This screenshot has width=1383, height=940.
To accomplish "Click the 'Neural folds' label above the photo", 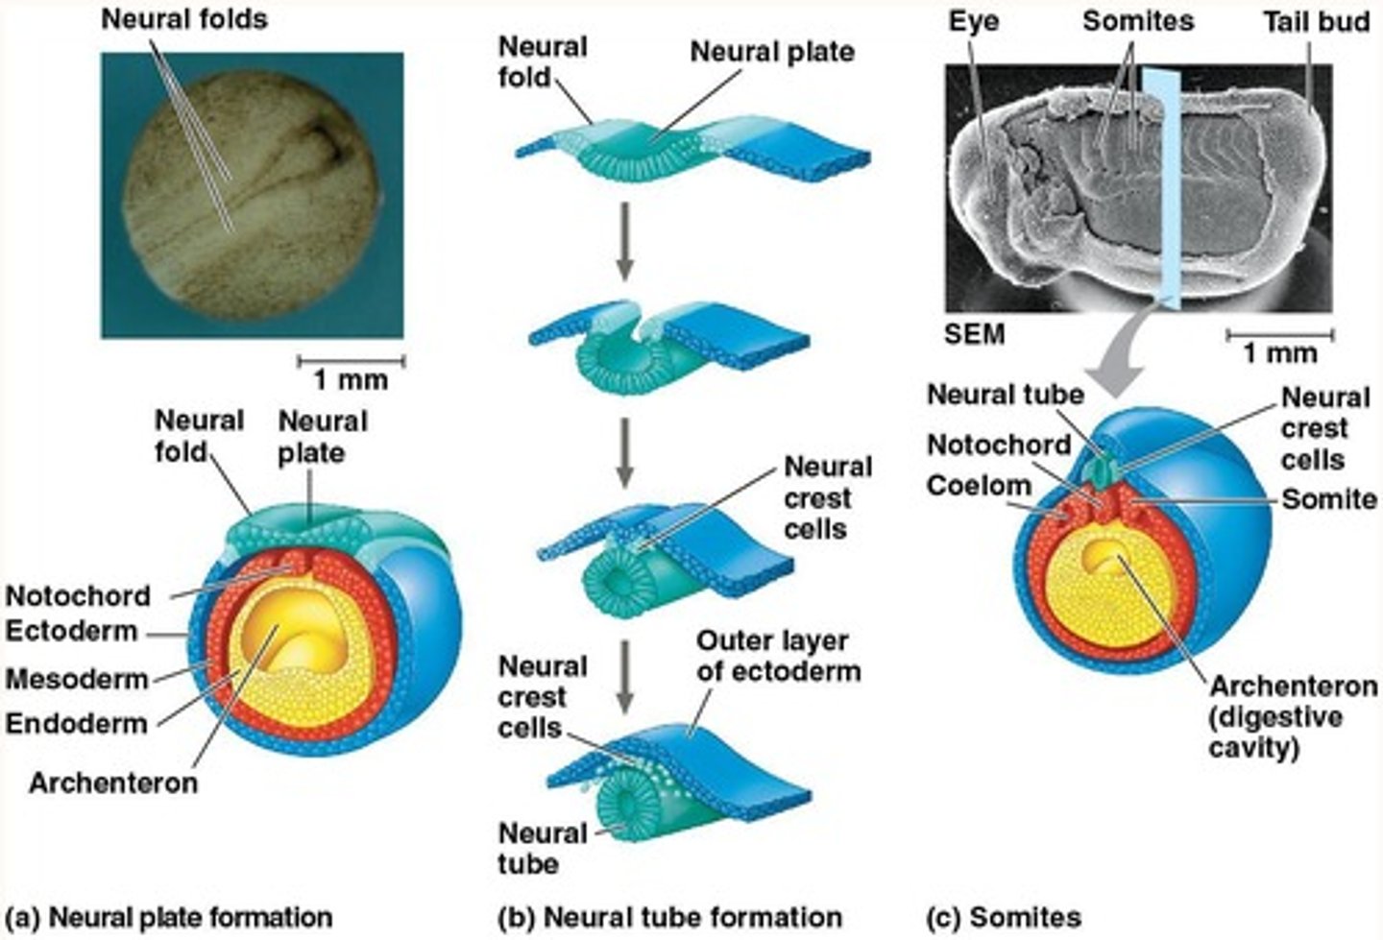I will click(184, 19).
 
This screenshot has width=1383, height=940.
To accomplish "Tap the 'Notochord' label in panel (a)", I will click(78, 596).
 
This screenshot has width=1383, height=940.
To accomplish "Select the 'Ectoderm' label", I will click(72, 632).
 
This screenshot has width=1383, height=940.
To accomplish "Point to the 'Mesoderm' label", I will click(77, 680).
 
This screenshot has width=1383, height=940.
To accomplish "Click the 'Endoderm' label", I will click(76, 723).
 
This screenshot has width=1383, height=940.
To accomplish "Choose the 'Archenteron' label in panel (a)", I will click(113, 783).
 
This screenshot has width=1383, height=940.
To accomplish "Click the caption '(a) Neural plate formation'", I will click(169, 917).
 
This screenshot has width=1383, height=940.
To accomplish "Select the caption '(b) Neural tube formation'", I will click(670, 917).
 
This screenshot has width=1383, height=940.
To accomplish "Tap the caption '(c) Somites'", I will click(1003, 917).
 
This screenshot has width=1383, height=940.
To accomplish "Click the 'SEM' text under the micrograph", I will click(974, 334).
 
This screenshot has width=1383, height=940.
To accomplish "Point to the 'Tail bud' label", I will click(1316, 21).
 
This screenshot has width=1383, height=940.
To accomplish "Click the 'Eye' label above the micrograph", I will click(974, 21).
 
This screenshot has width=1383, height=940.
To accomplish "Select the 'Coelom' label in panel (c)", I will click(979, 486).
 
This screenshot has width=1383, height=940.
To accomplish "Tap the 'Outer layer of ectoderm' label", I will click(778, 655).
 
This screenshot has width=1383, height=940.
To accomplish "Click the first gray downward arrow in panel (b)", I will click(625, 239).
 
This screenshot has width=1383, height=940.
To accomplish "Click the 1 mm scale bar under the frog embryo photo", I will click(351, 362).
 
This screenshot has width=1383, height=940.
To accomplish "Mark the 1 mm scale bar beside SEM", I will click(1279, 336).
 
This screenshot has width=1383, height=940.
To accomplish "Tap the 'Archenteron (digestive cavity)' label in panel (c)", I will click(1292, 716).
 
